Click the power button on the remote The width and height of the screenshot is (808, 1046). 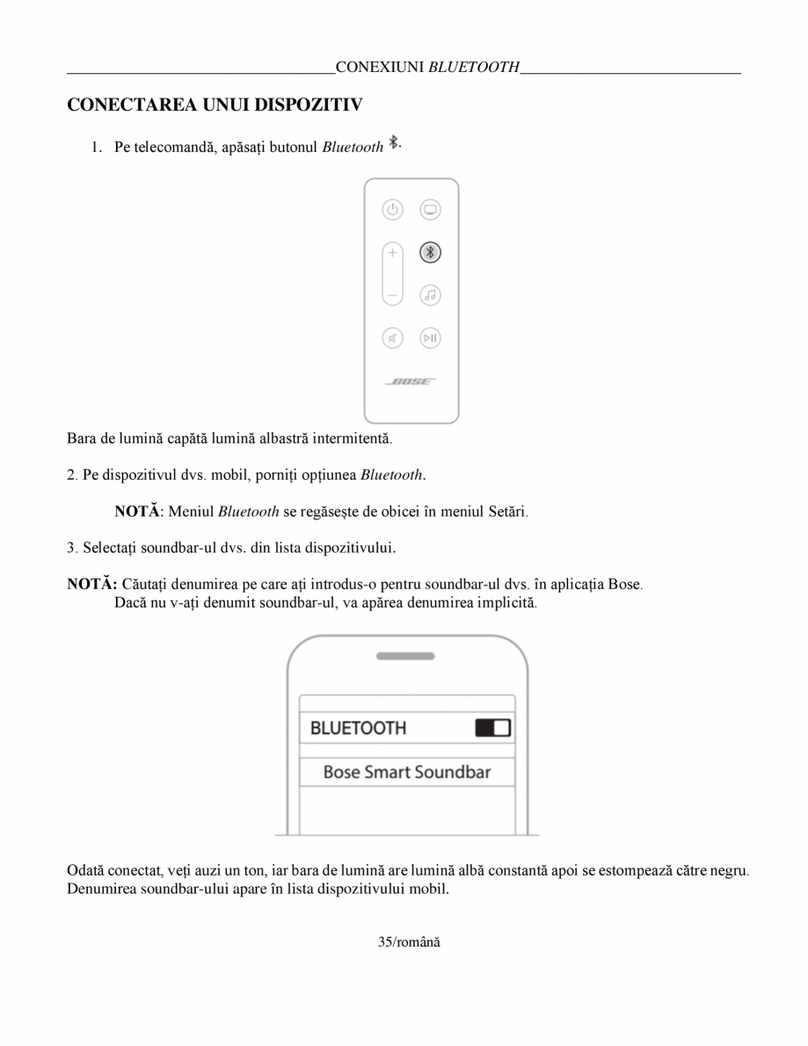[x=392, y=210]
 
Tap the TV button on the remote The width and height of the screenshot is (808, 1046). [x=430, y=210]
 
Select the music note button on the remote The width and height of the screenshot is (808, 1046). [x=430, y=294]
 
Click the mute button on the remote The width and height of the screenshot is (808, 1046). [x=392, y=337]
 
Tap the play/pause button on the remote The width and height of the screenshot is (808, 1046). [x=430, y=337]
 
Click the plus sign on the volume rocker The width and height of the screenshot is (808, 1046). [x=392, y=252]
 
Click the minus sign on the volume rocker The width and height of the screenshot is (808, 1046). [x=392, y=294]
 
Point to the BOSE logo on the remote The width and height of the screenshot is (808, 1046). [x=411, y=381]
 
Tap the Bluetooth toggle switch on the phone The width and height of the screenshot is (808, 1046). [x=492, y=728]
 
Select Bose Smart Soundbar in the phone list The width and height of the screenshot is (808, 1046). [x=406, y=773]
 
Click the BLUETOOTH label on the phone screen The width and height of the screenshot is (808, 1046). [x=358, y=728]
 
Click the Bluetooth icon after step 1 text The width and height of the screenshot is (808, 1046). [x=395, y=142]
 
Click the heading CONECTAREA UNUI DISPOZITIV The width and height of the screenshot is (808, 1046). [x=215, y=105]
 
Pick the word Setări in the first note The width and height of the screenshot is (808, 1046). [x=506, y=511]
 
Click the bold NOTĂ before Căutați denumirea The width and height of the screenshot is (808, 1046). [x=91, y=585]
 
